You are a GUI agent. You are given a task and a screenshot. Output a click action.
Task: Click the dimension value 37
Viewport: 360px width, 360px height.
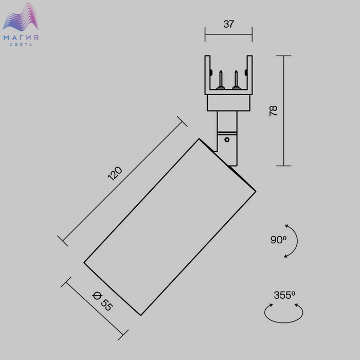[x=228, y=24]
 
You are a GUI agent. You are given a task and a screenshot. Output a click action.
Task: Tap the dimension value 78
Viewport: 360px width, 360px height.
[x=273, y=111]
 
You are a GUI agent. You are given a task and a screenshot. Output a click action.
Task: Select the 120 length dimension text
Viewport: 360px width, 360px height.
[x=115, y=173]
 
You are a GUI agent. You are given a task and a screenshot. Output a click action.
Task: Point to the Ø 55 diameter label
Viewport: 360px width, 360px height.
[x=102, y=301]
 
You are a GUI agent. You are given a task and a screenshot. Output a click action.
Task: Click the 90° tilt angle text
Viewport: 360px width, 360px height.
[x=278, y=240]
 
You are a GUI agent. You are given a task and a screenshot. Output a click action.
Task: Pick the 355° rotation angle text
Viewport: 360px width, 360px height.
[x=284, y=295]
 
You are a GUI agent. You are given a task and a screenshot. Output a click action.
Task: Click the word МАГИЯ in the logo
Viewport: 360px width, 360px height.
[x=21, y=38]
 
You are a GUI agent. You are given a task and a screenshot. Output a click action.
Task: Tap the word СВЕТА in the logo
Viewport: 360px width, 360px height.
[x=21, y=45]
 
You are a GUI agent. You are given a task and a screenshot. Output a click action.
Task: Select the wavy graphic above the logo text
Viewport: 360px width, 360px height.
[x=21, y=17]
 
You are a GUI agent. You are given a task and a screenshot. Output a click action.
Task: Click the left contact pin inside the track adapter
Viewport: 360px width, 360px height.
[x=221, y=80]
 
